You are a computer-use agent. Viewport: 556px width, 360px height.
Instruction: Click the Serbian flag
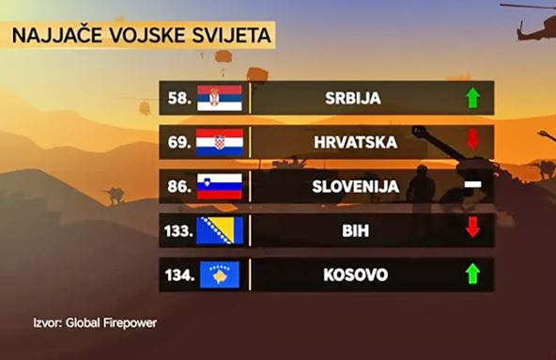pyautogui.click(x=220, y=98)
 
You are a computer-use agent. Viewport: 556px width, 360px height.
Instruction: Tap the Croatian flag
pyautogui.click(x=220, y=142)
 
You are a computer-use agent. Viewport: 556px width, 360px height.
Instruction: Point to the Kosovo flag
pyautogui.click(x=220, y=274)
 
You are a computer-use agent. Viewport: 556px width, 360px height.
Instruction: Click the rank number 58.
pyautogui.click(x=178, y=98)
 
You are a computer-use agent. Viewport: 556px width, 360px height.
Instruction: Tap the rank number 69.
pyautogui.click(x=178, y=142)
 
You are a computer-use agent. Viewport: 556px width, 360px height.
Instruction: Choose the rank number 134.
pyautogui.click(x=175, y=274)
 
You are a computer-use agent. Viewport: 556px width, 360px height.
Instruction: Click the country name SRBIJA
pyautogui.click(x=354, y=98)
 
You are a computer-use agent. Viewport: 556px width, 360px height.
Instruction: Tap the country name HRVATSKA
pyautogui.click(x=354, y=142)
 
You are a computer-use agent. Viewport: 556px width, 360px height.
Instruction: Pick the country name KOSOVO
pyautogui.click(x=354, y=274)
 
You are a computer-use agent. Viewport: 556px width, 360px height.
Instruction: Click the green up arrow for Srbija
pyautogui.click(x=472, y=98)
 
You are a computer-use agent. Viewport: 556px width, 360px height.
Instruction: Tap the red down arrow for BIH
pyautogui.click(x=472, y=227)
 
